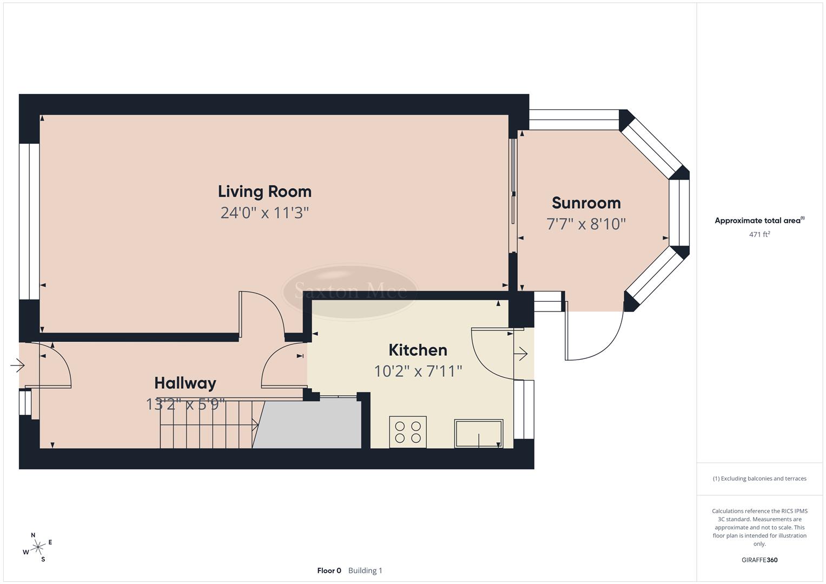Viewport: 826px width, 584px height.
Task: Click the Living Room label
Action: click(265, 191)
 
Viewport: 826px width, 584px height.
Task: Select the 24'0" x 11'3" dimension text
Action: click(265, 213)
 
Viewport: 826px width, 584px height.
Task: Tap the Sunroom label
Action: click(586, 203)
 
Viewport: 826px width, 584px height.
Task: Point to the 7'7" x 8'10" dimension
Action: click(586, 223)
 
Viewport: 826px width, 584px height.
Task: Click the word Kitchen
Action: click(418, 350)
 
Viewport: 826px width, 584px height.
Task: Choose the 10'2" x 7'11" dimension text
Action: click(418, 371)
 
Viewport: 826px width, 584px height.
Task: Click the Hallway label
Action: click(185, 383)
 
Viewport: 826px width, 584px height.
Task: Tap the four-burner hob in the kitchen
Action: click(408, 432)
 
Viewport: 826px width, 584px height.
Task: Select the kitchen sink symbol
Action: click(479, 433)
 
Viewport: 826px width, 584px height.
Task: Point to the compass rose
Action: click(37, 547)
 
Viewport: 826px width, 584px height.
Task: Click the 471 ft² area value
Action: click(759, 234)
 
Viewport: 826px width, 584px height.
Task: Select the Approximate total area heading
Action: click(759, 220)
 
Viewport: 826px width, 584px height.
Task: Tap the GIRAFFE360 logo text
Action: click(759, 560)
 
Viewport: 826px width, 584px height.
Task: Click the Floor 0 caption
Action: click(329, 570)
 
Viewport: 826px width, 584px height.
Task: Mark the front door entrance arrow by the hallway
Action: click(17, 366)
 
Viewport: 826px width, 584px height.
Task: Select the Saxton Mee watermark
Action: click(350, 292)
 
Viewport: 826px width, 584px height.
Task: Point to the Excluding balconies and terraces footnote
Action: click(759, 479)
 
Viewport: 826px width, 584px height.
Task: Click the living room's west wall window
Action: click(29, 221)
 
